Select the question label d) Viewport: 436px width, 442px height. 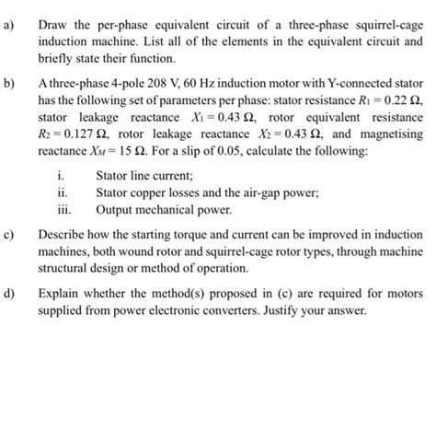coord(10,295)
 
